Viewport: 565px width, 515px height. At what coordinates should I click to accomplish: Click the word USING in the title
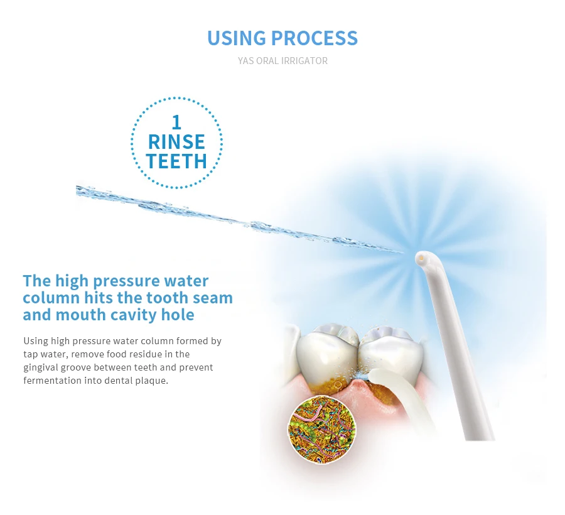point(237,38)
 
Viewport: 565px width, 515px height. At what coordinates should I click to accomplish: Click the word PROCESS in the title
point(315,38)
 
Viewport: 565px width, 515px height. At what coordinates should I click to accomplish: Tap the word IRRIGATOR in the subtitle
point(304,61)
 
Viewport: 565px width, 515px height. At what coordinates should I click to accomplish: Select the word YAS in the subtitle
point(245,61)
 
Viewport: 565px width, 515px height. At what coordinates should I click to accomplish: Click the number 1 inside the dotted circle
point(176,122)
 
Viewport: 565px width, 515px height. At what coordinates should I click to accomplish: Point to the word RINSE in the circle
point(176,142)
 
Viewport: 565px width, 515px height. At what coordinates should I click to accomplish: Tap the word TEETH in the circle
point(176,161)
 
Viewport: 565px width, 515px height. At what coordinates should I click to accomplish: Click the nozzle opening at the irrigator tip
point(421,257)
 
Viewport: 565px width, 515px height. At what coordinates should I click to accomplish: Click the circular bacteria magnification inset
point(321,429)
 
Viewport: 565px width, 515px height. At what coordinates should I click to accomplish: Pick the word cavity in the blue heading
point(133,315)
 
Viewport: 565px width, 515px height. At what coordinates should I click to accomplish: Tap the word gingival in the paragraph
point(40,367)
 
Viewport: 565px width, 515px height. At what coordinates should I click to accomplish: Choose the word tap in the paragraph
point(30,355)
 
